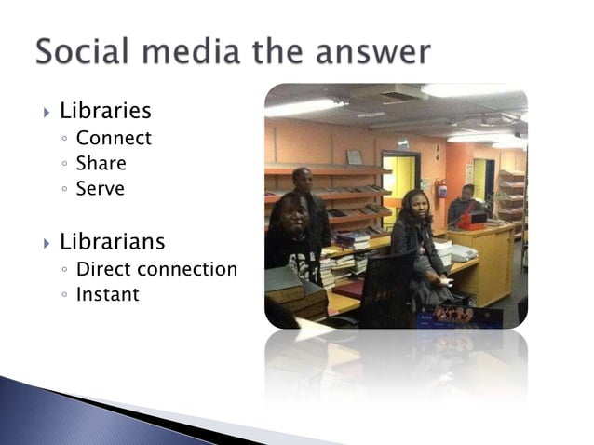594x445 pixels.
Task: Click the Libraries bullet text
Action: point(105,112)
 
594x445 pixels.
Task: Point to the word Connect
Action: point(114,139)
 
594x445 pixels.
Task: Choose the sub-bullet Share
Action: point(101,163)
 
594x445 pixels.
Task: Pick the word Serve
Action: point(100,188)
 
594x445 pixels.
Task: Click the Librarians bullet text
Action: point(112,242)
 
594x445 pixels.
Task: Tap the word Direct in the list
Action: point(103,269)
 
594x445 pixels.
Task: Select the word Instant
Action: point(107,294)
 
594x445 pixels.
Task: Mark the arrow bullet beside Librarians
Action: point(46,244)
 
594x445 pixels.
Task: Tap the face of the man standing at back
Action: point(303,178)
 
